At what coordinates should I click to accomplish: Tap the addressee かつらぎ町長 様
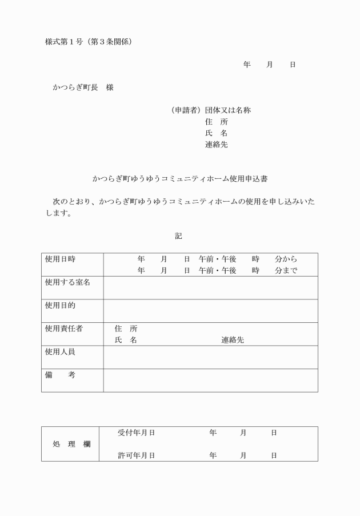83,87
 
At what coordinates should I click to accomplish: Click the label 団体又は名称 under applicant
227,110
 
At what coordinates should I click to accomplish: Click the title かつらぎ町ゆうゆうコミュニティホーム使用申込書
180,179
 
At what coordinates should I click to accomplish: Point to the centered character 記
178,235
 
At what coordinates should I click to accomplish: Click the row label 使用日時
60,259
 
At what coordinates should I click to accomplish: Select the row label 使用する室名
67,282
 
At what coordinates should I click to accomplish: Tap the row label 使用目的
60,305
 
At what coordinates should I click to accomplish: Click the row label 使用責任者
63,329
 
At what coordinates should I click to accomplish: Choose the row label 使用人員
60,351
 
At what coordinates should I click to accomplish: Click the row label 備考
60,375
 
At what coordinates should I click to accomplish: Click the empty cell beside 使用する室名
210,287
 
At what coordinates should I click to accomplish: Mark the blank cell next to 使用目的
210,311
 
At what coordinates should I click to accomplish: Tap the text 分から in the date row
286,259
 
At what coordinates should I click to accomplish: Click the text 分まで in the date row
286,271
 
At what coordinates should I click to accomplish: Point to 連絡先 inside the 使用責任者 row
233,340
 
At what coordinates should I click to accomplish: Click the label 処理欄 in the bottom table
71,444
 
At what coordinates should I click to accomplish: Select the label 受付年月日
136,433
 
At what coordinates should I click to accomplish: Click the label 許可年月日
136,455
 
